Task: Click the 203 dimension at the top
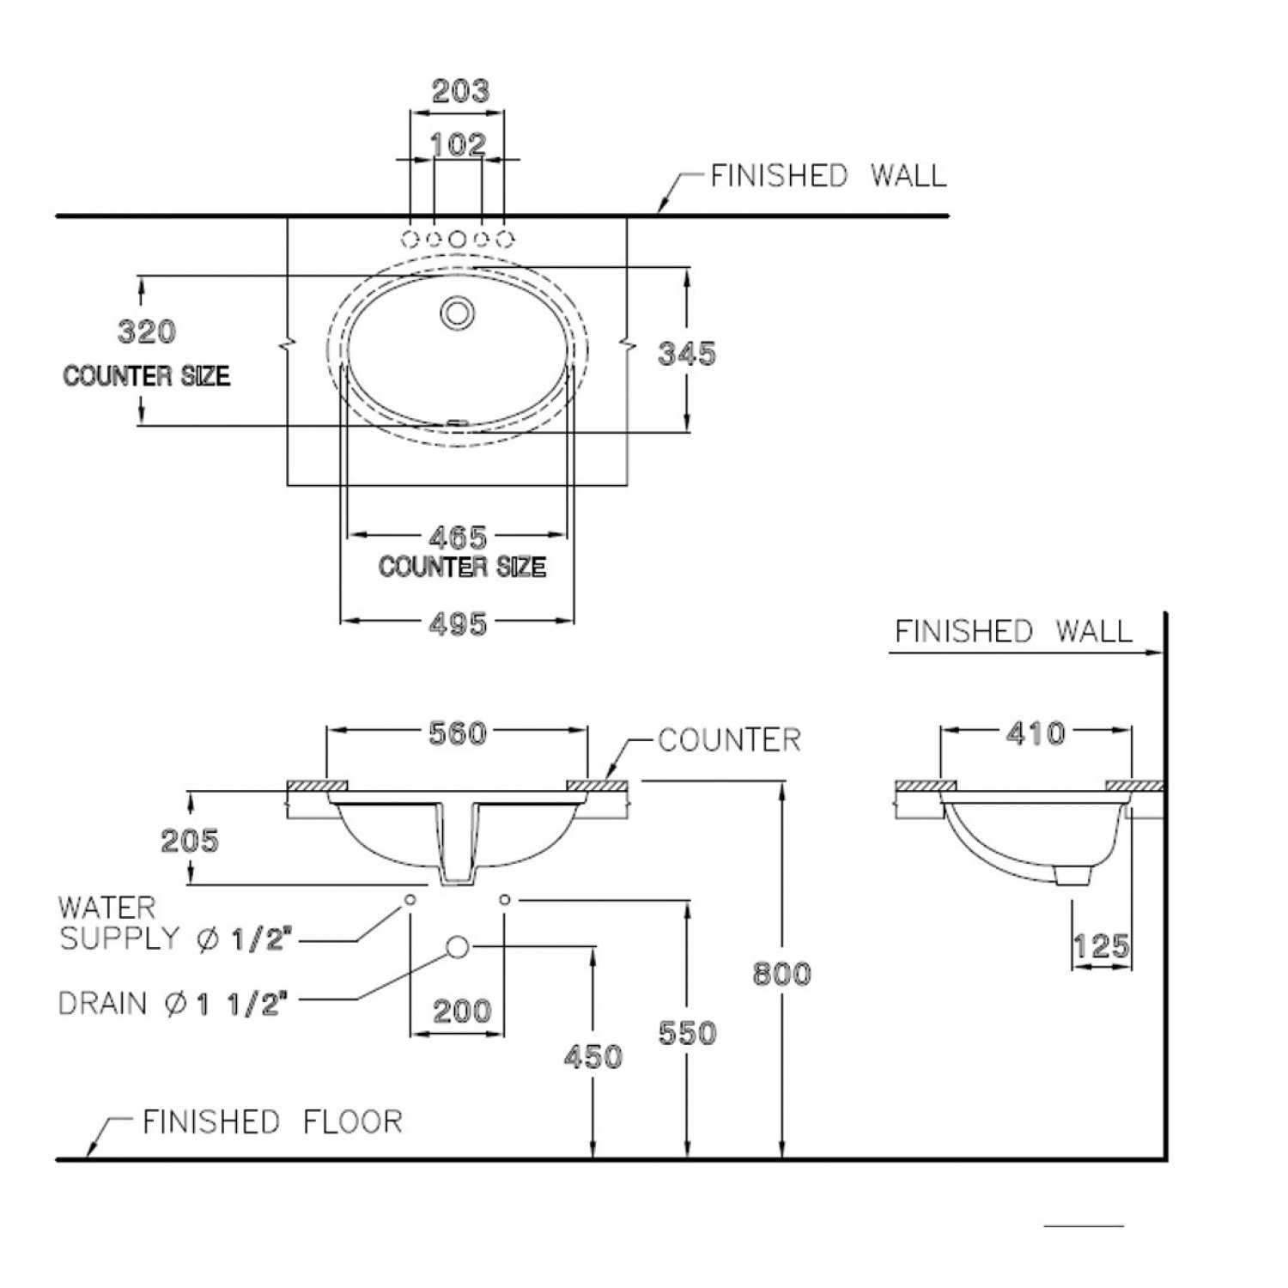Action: pyautogui.click(x=460, y=91)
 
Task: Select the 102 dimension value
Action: pyautogui.click(x=458, y=144)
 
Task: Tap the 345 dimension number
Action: pyautogui.click(x=686, y=353)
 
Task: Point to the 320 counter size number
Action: pyautogui.click(x=147, y=331)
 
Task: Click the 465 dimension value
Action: pyautogui.click(x=458, y=538)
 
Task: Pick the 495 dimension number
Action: pyautogui.click(x=458, y=624)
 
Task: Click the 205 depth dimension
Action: pyautogui.click(x=190, y=840)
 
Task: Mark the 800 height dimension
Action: pyautogui.click(x=781, y=974)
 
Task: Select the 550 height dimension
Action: pyautogui.click(x=687, y=1032)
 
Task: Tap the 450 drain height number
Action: pyautogui.click(x=592, y=1056)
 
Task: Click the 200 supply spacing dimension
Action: pyautogui.click(x=462, y=1011)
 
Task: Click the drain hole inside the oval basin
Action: pyautogui.click(x=457, y=312)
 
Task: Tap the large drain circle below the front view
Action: pyautogui.click(x=458, y=947)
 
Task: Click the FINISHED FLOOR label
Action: pyautogui.click(x=272, y=1121)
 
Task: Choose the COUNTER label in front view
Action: pyautogui.click(x=729, y=740)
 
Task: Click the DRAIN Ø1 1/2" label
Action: pyautogui.click(x=171, y=1003)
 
